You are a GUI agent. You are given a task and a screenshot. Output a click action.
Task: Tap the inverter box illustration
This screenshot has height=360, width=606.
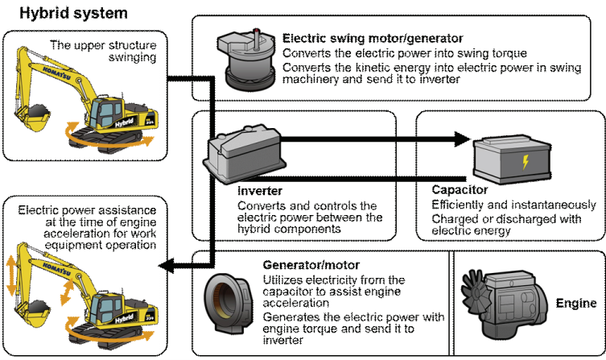[x=242, y=153]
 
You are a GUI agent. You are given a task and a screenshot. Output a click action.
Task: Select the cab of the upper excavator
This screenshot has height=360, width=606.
[x=108, y=112]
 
